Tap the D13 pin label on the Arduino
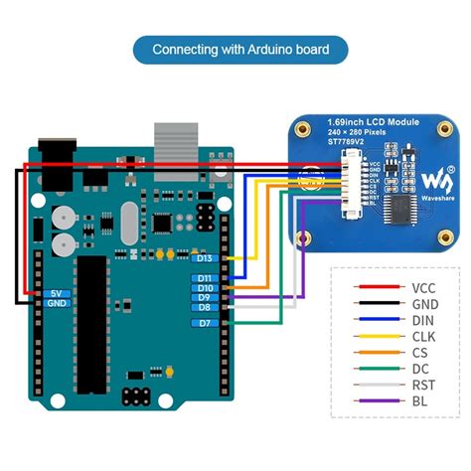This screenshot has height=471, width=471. pos(206,257)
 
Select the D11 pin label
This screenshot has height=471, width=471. pos(206,278)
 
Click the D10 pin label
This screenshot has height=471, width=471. pos(206,288)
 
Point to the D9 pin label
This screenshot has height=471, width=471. pos(205,298)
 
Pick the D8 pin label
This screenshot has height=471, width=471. pos(205,308)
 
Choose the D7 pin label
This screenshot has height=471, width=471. pos(205,324)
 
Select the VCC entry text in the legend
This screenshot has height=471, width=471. pos(423,288)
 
